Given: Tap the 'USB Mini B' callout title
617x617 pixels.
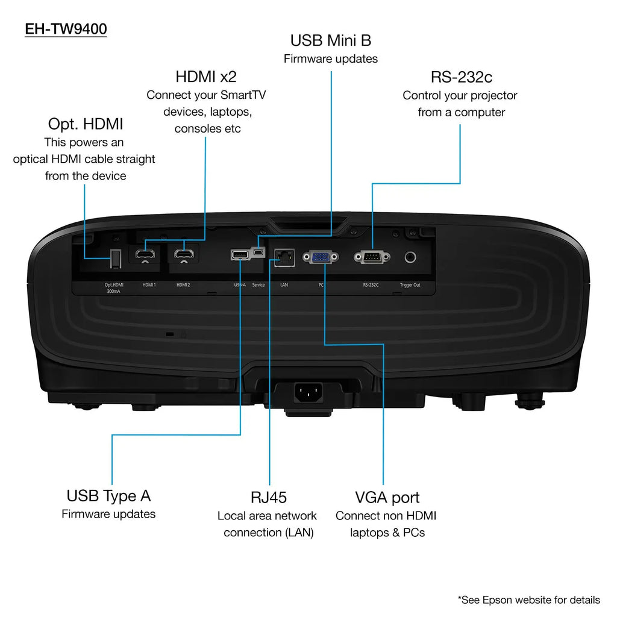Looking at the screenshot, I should tap(331, 40).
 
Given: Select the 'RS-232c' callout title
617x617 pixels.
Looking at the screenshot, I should tap(461, 77).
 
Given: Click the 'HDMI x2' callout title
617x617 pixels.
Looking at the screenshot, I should tap(206, 77).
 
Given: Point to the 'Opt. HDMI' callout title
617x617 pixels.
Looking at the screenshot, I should tap(86, 124).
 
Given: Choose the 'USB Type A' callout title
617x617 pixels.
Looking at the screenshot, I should tap(108, 496).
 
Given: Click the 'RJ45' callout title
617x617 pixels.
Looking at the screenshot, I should tap(269, 497).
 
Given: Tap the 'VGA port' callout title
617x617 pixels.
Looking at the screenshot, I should tap(387, 497).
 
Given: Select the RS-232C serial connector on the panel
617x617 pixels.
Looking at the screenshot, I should tap(371, 257).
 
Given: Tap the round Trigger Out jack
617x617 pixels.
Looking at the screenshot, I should tap(411, 257).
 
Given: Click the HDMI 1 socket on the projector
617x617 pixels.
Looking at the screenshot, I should tap(145, 254).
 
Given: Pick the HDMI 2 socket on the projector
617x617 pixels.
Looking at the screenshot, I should tap(183, 254).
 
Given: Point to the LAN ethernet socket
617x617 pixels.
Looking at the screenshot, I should tap(283, 257).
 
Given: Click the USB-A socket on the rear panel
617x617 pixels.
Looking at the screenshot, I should tap(239, 255).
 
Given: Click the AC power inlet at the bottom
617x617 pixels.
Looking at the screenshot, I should tap(308, 393).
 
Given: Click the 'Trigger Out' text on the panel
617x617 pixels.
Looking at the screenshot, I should tap(410, 284).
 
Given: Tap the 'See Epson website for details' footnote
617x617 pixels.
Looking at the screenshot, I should tap(528, 600).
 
